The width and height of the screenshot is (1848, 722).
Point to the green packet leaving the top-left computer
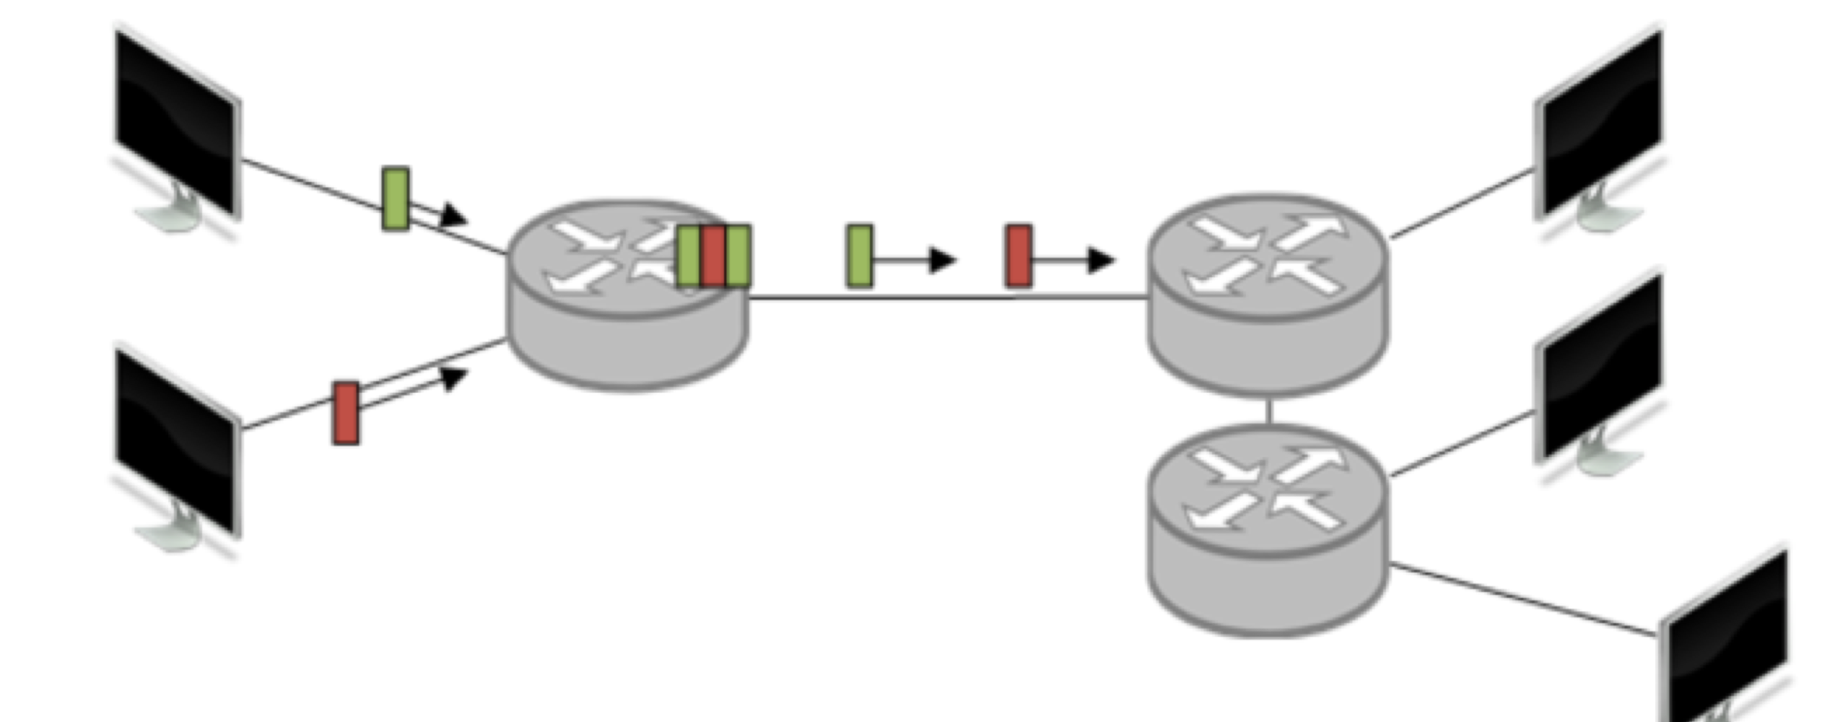396,199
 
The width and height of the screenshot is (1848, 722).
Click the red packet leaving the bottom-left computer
346,413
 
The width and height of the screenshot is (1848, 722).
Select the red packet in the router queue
712,256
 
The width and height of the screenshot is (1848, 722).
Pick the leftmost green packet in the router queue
688,256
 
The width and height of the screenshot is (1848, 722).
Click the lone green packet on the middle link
860,256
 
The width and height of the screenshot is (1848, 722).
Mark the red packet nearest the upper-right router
1019,256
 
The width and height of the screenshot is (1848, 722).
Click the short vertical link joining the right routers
1268,411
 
